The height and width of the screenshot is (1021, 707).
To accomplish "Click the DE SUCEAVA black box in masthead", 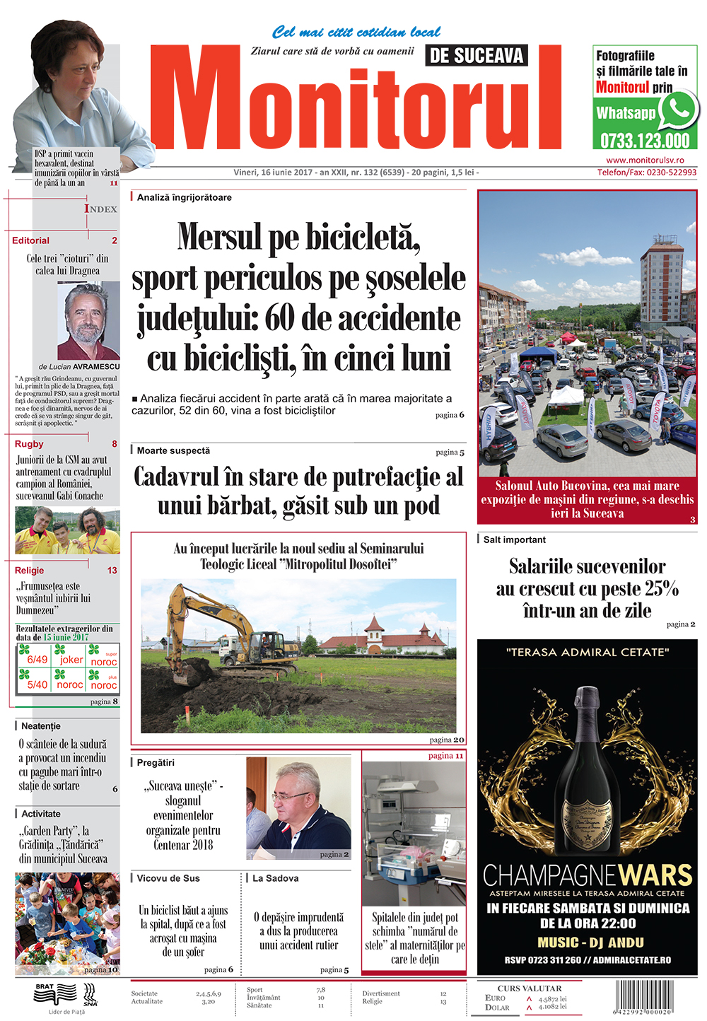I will point(477,55).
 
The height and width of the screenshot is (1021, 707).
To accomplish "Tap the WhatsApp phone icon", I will point(679,110).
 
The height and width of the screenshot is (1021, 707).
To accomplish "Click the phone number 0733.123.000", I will point(645,140).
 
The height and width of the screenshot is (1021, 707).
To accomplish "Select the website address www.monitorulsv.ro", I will point(645,161).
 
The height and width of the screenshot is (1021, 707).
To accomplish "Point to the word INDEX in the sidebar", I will point(101,209).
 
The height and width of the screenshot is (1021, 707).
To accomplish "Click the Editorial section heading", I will point(31,240).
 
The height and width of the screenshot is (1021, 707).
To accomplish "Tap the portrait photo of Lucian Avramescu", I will point(88,320).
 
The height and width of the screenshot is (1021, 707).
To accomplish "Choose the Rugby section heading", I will point(29,444).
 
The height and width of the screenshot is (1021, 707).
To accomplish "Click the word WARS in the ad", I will point(655,875).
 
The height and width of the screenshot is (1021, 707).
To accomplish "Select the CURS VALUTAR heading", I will point(529,988).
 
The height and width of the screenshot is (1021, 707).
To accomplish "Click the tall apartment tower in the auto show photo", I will point(661,279).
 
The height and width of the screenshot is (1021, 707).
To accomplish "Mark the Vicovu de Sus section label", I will point(168,878).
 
